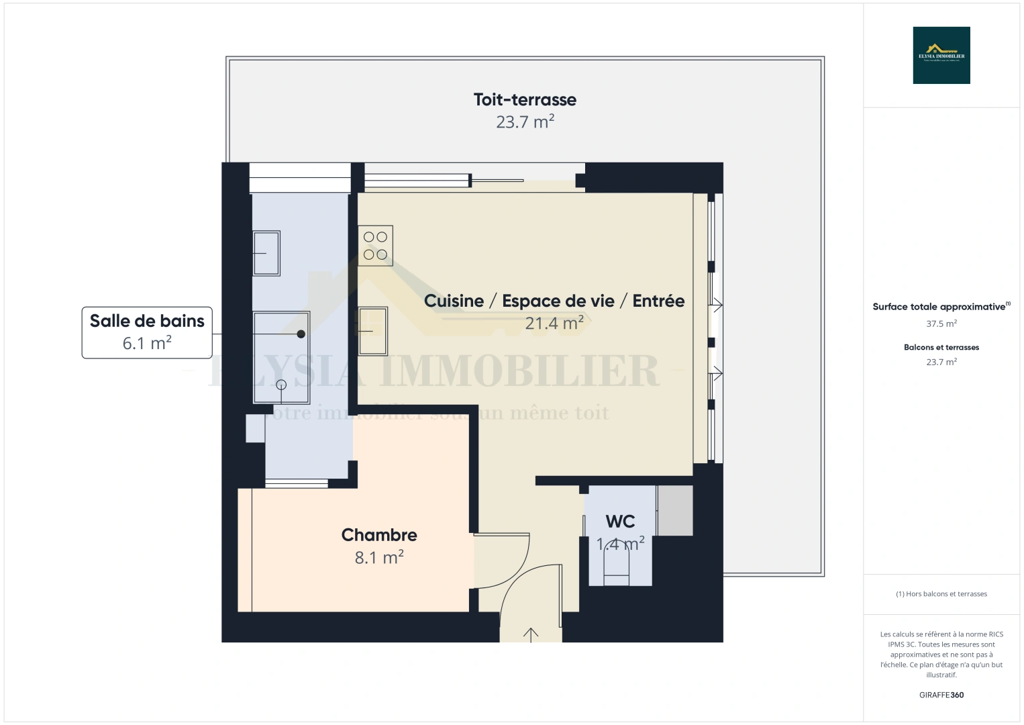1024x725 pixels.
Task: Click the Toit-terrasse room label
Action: (x=525, y=99)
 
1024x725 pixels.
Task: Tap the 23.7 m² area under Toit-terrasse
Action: (x=525, y=122)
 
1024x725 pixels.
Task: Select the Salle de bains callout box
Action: (x=147, y=332)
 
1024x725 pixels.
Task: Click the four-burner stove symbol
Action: (x=375, y=246)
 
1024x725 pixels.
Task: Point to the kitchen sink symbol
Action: (x=372, y=331)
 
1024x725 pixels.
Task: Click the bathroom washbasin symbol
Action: (x=266, y=253)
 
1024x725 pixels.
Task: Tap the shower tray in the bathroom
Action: (x=281, y=357)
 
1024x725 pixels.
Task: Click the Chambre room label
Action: (x=379, y=534)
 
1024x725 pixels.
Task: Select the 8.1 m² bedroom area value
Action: (x=379, y=557)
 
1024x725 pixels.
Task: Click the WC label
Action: (x=620, y=521)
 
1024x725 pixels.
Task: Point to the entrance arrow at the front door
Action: (x=531, y=634)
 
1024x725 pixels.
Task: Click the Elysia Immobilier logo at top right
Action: (x=941, y=55)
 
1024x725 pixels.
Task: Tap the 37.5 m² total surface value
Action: (x=941, y=324)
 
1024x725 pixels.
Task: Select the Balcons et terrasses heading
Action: (x=941, y=347)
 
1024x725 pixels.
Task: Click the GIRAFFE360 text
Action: (x=941, y=695)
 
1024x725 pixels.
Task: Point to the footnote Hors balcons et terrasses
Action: (x=941, y=594)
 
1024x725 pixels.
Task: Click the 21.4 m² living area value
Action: (x=554, y=323)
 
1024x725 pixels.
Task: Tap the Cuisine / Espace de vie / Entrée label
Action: (x=554, y=301)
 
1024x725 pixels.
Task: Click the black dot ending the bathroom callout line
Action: (x=301, y=334)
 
